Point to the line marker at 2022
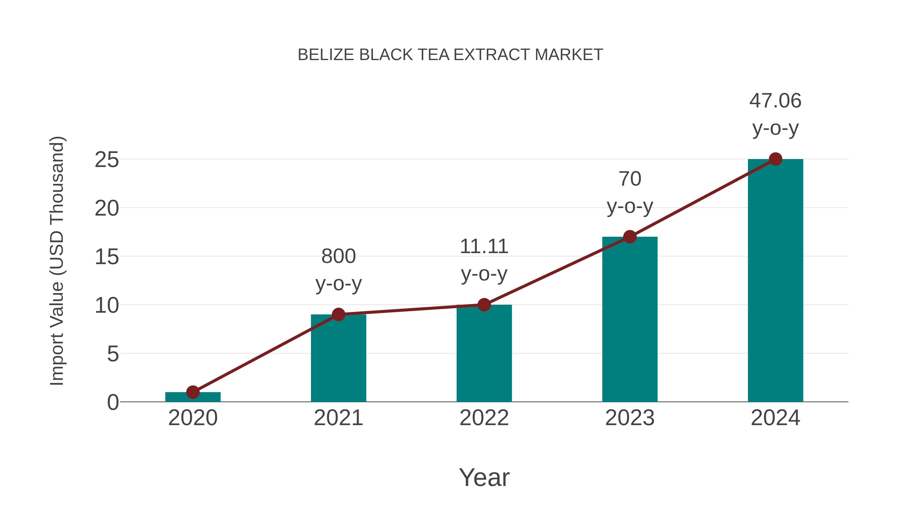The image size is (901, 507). [x=484, y=305]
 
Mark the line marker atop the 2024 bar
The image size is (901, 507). [x=775, y=159]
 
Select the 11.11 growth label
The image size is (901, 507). [x=484, y=247]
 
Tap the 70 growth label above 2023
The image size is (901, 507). [x=630, y=179]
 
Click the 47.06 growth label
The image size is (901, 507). [x=775, y=101]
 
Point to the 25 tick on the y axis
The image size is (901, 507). [x=107, y=160]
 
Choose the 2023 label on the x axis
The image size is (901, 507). [x=630, y=418]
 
